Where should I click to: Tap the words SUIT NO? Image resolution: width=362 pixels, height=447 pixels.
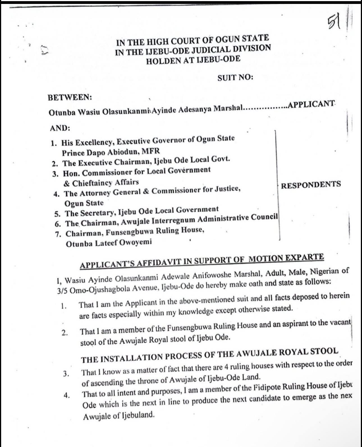point(235,77)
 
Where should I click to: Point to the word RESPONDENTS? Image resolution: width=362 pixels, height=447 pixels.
point(311,185)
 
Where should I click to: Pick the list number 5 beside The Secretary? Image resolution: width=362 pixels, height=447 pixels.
point(57,214)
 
